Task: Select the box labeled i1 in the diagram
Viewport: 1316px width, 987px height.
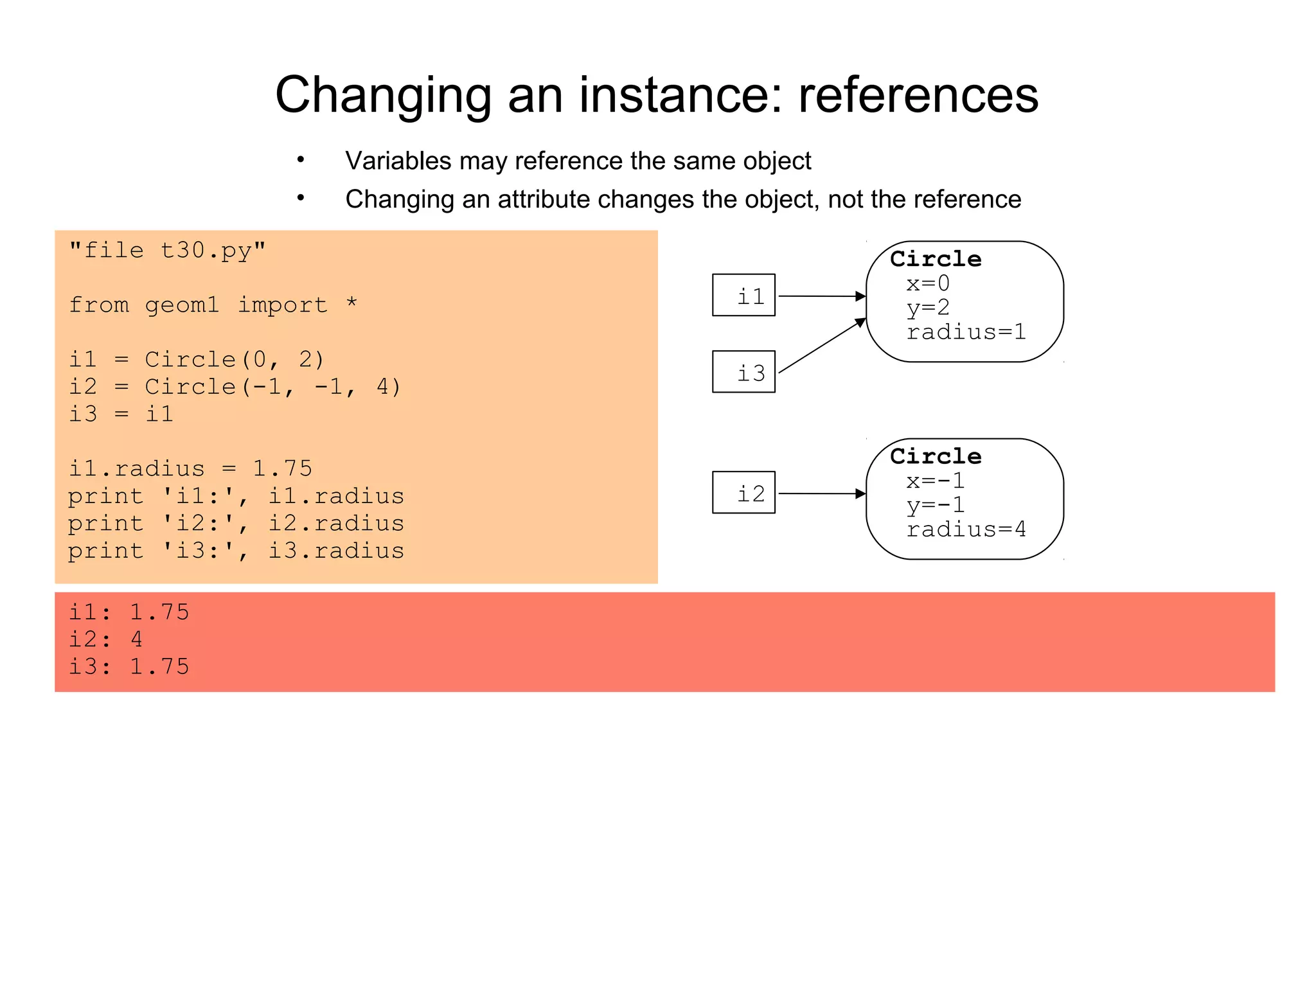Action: pyautogui.click(x=743, y=296)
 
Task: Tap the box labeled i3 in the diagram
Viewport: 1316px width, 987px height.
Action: pyautogui.click(x=743, y=372)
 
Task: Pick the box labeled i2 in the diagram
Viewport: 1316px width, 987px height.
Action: pyautogui.click(x=743, y=493)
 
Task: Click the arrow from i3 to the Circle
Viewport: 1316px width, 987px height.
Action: pyautogui.click(x=822, y=346)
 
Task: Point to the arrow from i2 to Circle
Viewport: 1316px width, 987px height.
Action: pyautogui.click(x=822, y=493)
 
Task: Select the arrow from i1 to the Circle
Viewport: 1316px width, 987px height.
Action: pyautogui.click(x=822, y=296)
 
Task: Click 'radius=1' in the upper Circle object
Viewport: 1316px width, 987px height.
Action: pyautogui.click(x=966, y=332)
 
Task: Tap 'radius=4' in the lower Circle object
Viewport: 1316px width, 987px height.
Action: pyautogui.click(x=966, y=529)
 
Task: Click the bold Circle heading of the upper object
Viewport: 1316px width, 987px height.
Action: pyautogui.click(x=936, y=259)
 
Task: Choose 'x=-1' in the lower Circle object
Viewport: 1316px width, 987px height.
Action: pyautogui.click(x=935, y=481)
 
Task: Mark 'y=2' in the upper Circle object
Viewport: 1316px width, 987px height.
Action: pyautogui.click(x=927, y=308)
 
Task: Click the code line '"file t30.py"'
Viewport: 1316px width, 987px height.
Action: pyautogui.click(x=167, y=250)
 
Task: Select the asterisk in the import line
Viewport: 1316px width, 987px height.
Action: pyautogui.click(x=351, y=303)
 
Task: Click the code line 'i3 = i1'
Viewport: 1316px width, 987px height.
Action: pyautogui.click(x=121, y=414)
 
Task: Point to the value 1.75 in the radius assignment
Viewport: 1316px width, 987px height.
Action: pyautogui.click(x=282, y=468)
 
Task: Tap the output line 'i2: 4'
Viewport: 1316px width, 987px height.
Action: pyautogui.click(x=105, y=639)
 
